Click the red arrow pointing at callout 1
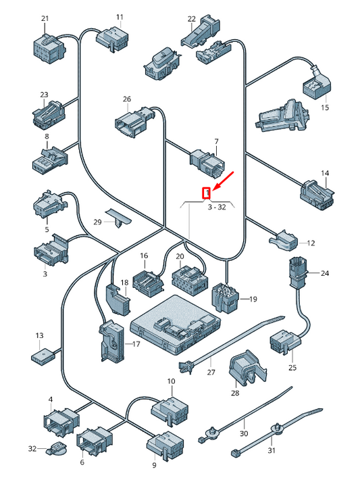[x=224, y=181]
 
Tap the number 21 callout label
[x=45, y=18]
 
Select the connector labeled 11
[x=112, y=39]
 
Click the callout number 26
[x=127, y=99]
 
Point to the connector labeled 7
[x=207, y=162]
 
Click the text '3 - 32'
[x=217, y=207]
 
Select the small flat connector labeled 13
[x=43, y=356]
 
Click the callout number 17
[x=136, y=344]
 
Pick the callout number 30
[x=244, y=433]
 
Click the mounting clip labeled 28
[x=247, y=368]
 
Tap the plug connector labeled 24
[x=296, y=272]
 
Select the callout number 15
[x=325, y=107]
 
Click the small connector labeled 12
[x=283, y=240]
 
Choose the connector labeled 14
[x=317, y=195]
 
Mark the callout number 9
[x=154, y=465]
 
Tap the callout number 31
[x=272, y=450]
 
